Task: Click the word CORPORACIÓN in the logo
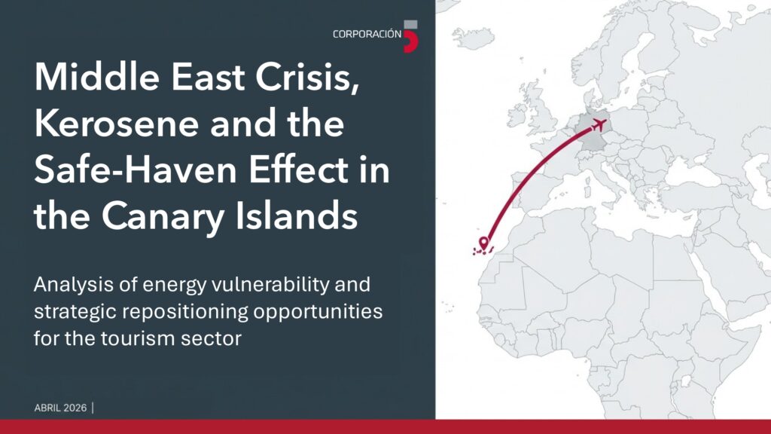[x=367, y=35]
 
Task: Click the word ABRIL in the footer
[x=47, y=408]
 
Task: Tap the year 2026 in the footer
[x=75, y=408]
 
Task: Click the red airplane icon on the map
[x=599, y=124]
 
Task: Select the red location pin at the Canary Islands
[x=483, y=243]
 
